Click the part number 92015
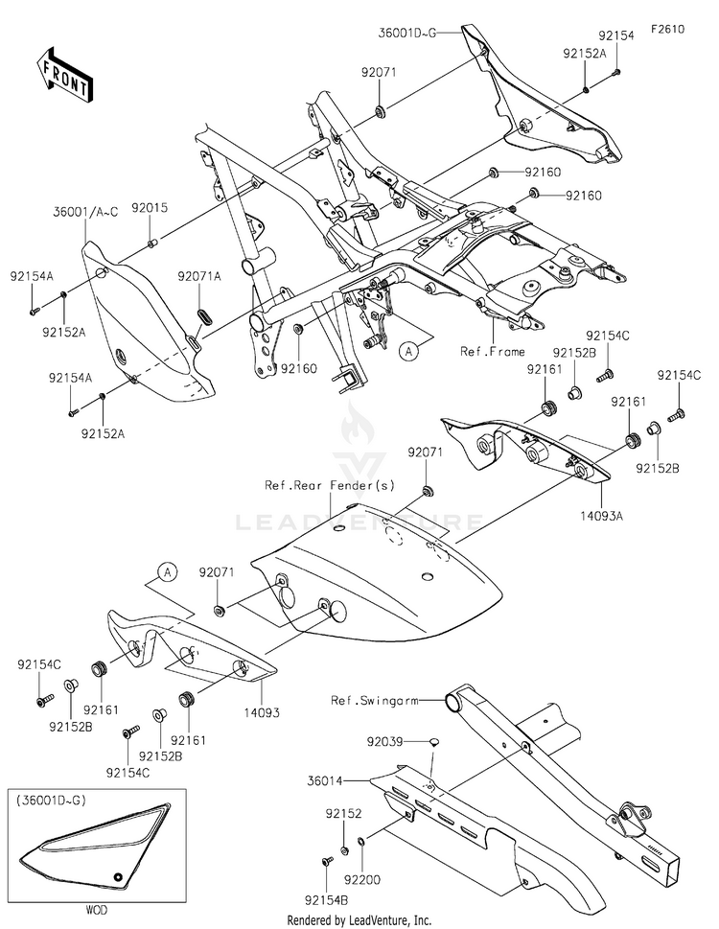pos(150,207)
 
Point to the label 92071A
pos(198,276)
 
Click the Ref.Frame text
pos(493,351)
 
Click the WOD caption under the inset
pos(87,905)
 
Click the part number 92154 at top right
pos(616,35)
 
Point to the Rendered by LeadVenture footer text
pos(359,920)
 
